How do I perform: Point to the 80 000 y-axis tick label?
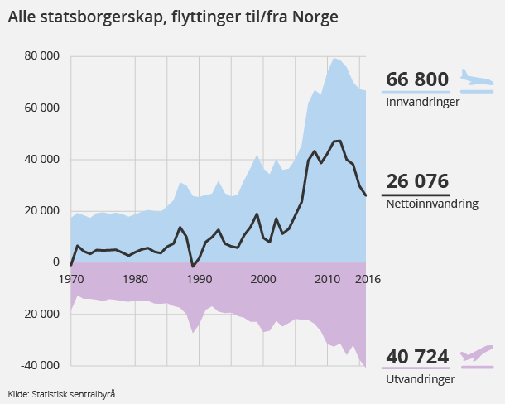click(41, 56)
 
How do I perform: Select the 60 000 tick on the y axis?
click(41, 108)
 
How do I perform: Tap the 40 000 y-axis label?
click(41, 159)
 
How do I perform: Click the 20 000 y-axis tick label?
click(41, 210)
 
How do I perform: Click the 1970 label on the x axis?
click(72, 278)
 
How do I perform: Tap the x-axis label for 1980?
click(135, 278)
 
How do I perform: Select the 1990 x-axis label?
click(199, 278)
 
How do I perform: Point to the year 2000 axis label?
click(263, 278)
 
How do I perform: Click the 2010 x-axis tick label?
click(328, 278)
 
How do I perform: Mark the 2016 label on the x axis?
click(367, 278)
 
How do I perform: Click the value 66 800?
click(417, 80)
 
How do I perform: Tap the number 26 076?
click(417, 181)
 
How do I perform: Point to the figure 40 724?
click(417, 358)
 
